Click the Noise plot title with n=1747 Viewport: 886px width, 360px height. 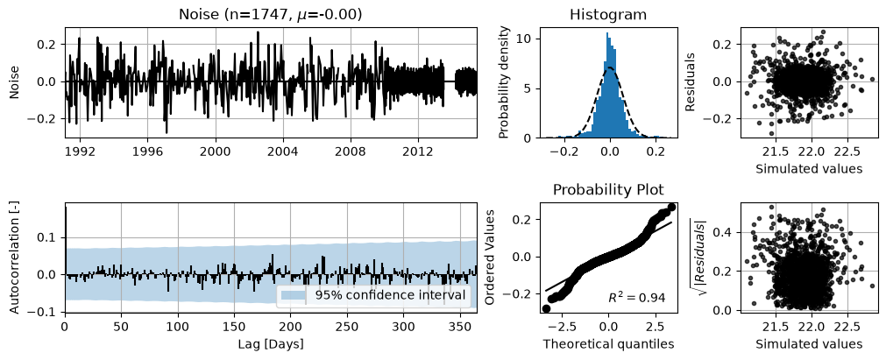coord(270,15)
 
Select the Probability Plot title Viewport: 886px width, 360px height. coord(608,190)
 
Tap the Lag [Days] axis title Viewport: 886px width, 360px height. coord(271,343)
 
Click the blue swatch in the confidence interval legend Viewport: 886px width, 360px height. coord(294,294)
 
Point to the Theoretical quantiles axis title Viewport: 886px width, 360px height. coord(608,343)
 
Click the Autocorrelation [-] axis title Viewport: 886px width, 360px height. coord(15,258)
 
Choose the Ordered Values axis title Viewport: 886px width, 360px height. coord(492,258)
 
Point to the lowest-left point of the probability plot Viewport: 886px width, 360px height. coord(546,308)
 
